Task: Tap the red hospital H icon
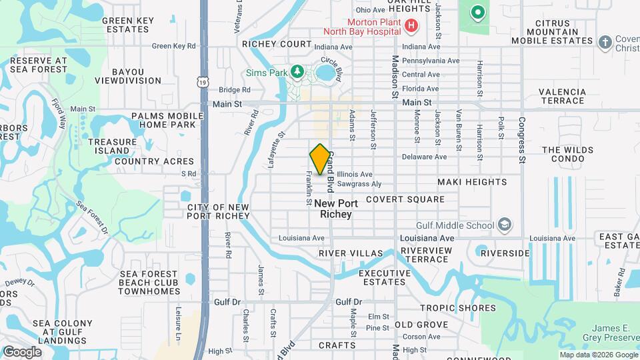pos(411,26)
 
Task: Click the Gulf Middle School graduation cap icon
pos(505,225)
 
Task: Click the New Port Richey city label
pos(336,209)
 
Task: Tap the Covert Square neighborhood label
pos(405,199)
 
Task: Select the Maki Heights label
pos(472,182)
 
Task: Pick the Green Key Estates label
pos(126,25)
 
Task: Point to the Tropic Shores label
pos(458,308)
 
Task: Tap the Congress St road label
pos(522,139)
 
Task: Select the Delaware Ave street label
pos(424,157)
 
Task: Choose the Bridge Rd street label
pos(234,90)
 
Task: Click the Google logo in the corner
pos(21,352)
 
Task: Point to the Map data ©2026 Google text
pos(598,355)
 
